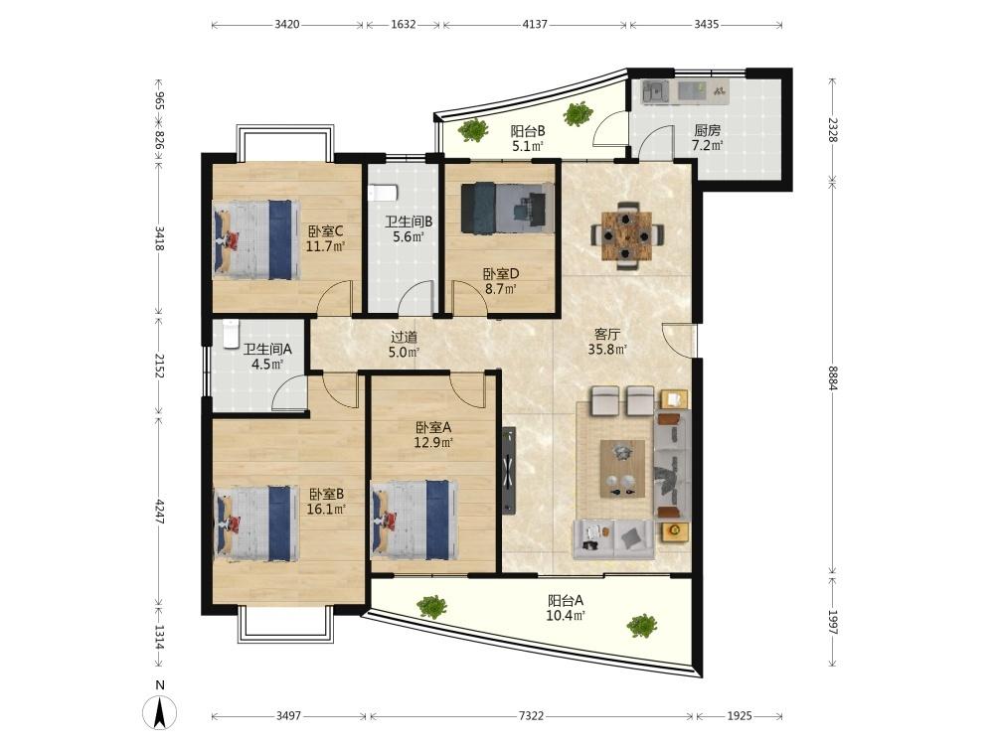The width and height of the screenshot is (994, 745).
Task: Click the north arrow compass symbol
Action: (160, 712)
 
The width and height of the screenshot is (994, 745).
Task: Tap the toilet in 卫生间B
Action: (383, 192)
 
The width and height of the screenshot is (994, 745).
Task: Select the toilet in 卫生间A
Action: (231, 334)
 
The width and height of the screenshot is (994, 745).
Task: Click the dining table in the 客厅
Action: (627, 235)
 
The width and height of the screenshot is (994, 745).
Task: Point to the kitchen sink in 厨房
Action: (655, 92)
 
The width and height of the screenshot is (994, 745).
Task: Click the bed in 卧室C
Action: (256, 239)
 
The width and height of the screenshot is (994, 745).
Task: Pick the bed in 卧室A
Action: (414, 520)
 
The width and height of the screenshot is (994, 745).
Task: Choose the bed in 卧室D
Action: (507, 208)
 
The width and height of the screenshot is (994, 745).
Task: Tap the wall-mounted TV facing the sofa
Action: (508, 470)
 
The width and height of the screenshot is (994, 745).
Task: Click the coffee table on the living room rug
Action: (622, 469)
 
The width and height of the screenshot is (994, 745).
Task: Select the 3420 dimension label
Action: (287, 24)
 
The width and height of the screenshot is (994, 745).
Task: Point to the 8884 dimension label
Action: (833, 378)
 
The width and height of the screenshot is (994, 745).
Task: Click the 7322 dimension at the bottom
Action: (531, 716)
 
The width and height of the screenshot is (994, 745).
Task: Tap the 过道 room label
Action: (404, 337)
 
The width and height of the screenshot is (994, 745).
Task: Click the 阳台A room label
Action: (566, 600)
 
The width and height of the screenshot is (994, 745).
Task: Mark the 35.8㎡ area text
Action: (607, 349)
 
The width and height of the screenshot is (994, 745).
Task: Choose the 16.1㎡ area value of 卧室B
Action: (326, 509)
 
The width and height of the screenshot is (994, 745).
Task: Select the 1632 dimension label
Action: (404, 24)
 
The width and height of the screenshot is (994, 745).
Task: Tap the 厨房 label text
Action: (708, 130)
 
